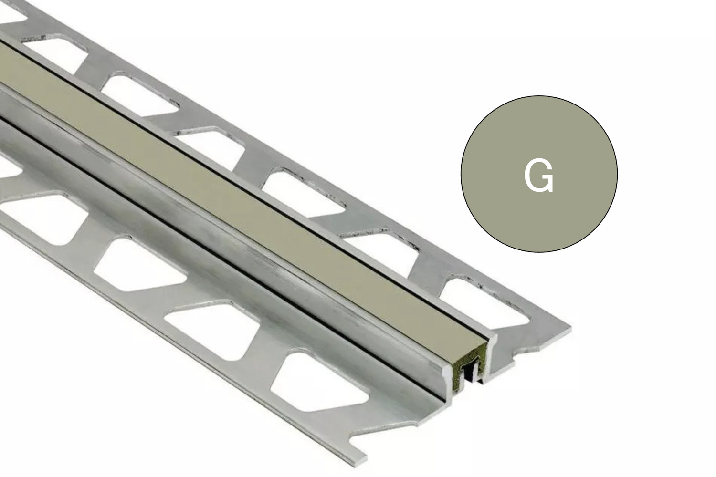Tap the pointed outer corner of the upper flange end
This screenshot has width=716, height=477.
[568, 329]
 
